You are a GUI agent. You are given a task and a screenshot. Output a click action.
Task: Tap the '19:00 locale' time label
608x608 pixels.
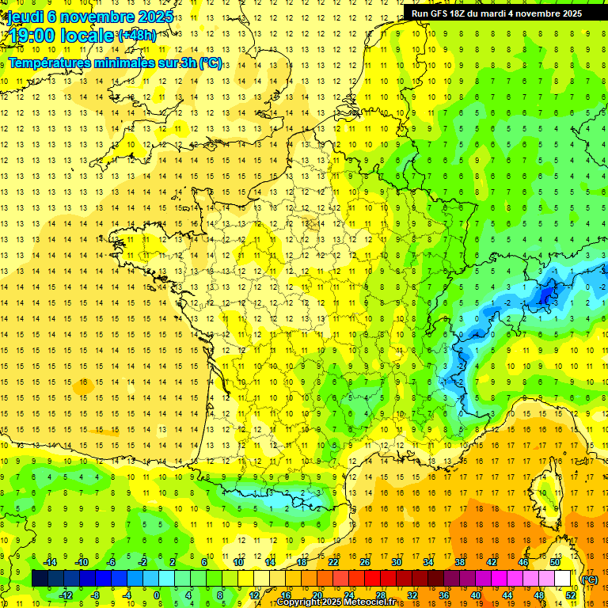coord(61,35)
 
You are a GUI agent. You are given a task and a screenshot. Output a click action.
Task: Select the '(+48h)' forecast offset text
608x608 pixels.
coord(137,35)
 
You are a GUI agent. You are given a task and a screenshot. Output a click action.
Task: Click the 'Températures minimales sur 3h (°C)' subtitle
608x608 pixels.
coord(116,63)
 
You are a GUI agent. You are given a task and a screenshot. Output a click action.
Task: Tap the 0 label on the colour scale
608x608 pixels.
coord(157,595)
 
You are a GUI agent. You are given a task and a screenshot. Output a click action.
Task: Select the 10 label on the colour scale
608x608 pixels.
coord(238,562)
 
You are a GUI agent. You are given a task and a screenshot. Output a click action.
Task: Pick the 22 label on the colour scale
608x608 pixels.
coord(333,562)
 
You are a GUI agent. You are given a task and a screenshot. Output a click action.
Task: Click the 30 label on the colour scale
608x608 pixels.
coord(397,562)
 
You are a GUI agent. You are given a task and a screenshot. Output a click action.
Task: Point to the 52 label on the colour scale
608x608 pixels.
coord(571,595)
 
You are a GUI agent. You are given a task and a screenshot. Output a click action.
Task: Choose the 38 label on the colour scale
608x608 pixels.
coord(460,562)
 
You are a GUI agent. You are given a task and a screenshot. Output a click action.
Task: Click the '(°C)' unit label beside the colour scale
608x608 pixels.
coord(590,579)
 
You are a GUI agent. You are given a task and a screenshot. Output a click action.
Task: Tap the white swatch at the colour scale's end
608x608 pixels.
coord(562,579)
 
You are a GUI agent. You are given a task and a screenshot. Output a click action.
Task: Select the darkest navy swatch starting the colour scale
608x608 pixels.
coord(40,579)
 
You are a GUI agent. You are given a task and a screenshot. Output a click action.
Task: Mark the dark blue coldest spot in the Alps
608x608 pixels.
coord(545,294)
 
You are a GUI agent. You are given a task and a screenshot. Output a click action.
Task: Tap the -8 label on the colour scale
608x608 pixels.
coord(96,595)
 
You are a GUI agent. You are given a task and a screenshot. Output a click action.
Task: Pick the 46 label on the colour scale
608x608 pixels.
coord(523,562)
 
